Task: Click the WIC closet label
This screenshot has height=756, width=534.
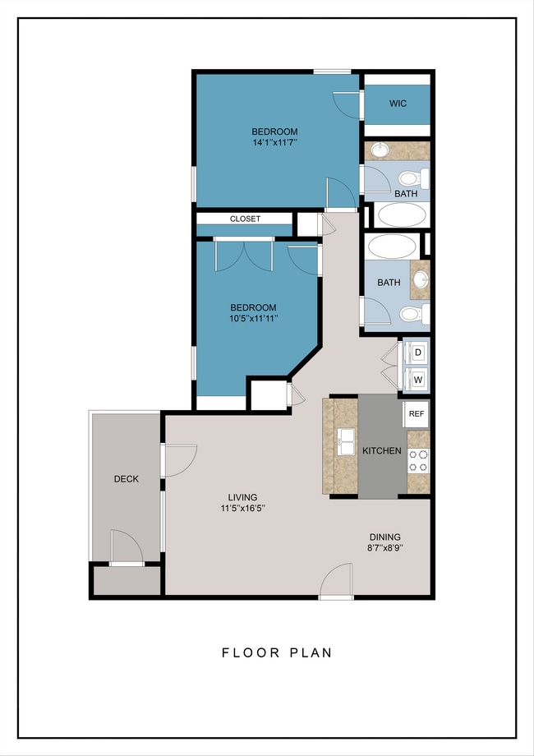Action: [398, 104]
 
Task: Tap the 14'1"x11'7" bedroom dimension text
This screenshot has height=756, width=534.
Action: [274, 142]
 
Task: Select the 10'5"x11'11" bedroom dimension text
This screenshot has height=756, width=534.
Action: [254, 318]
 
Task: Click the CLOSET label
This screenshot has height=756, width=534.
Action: [245, 219]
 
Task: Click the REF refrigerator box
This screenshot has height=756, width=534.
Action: [416, 414]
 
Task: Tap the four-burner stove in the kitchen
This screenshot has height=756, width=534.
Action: [418, 460]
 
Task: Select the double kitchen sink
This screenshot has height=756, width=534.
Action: [346, 441]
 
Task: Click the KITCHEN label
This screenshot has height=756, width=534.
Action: [382, 451]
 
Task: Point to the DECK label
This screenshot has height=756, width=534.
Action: [127, 479]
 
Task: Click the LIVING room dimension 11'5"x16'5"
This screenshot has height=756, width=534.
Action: [243, 508]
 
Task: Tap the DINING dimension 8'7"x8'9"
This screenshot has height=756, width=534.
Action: [385, 548]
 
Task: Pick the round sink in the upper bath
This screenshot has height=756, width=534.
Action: [381, 150]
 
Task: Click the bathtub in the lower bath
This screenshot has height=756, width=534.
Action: [392, 247]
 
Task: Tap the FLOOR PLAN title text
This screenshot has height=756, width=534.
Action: [277, 652]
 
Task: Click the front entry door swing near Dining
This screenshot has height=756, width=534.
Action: [337, 580]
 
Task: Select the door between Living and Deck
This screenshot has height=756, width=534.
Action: [180, 461]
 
